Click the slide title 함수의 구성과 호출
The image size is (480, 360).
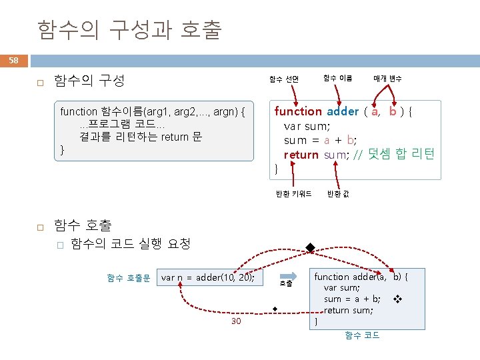tap(129, 30)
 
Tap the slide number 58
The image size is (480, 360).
tap(13, 61)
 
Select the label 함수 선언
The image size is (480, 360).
tap(283, 79)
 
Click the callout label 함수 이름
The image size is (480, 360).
tap(337, 78)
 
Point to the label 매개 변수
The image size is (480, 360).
tap(387, 79)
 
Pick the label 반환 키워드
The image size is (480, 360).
tap(293, 194)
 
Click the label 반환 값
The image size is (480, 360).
tap(337, 194)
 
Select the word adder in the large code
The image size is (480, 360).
tap(343, 111)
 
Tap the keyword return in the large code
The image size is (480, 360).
tap(301, 155)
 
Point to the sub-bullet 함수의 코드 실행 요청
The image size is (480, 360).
tap(130, 243)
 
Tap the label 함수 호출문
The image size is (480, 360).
tap(129, 277)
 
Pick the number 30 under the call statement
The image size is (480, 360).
tap(236, 321)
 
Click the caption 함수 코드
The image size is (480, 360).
tap(362, 335)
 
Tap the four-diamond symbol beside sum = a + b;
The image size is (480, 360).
tap(397, 299)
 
